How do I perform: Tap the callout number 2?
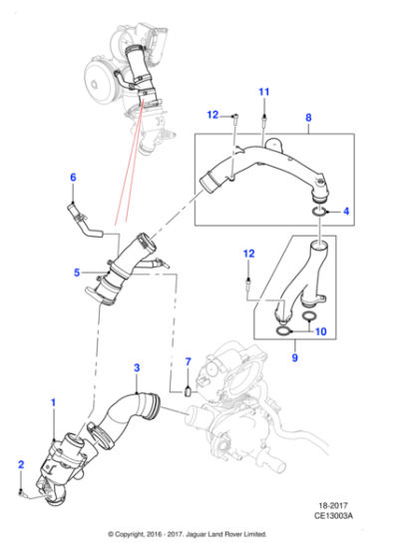20,464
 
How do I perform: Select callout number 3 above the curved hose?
138,368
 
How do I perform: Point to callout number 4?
345,212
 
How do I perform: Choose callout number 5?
76,272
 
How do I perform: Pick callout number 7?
187,360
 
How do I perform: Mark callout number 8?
307,117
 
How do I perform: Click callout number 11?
264,93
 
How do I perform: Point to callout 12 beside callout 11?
212,117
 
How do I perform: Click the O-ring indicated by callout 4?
317,212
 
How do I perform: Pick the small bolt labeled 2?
22,492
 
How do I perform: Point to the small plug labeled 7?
187,394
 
